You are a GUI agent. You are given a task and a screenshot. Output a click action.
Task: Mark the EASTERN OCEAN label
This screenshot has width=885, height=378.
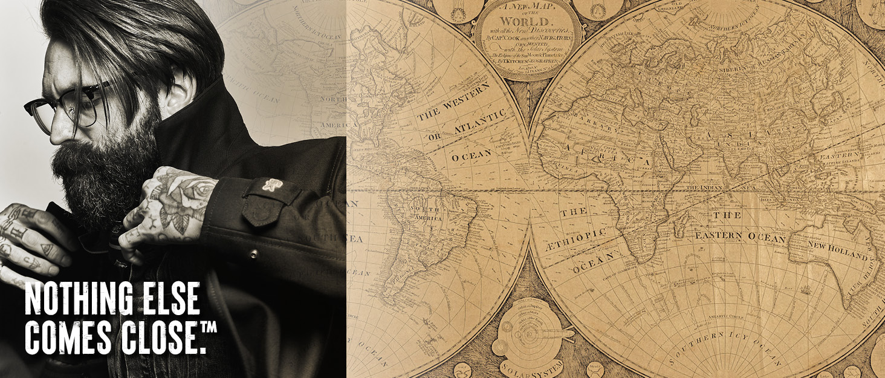coord(741,236)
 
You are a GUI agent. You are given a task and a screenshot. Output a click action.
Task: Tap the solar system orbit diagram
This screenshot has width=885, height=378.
coord(526,330)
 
